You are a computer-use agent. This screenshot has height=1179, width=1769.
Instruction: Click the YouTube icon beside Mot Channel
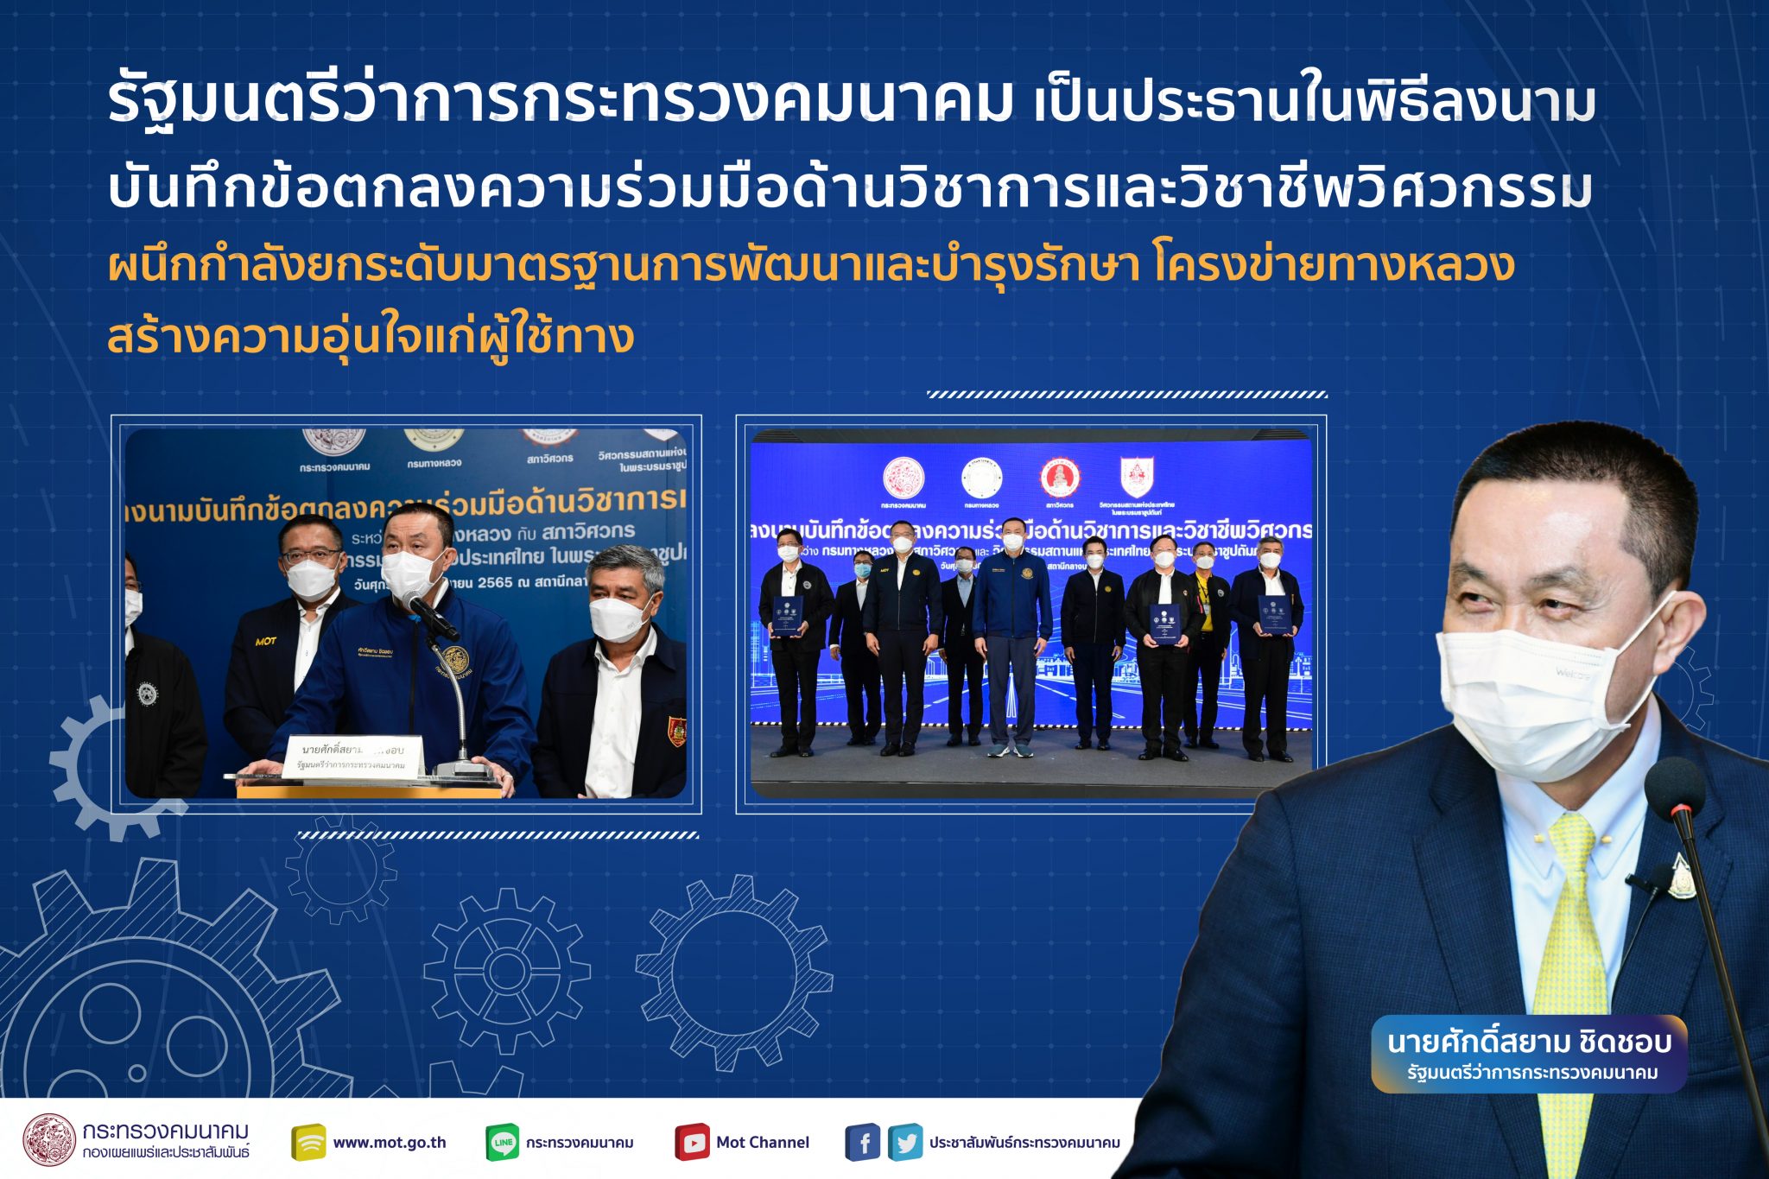pos(692,1142)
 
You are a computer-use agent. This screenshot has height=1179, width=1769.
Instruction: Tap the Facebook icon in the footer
pos(863,1142)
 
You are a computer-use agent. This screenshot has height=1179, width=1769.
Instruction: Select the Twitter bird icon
pos(905,1142)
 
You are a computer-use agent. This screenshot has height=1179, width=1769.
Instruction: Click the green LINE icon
pos(503,1142)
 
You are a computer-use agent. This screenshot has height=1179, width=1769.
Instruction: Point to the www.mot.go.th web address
pos(389,1142)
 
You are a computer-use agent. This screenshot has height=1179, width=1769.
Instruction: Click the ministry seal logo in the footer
pos(49,1140)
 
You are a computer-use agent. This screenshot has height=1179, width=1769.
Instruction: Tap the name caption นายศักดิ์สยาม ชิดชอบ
pos(1529,1043)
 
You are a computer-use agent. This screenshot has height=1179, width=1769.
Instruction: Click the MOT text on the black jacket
pos(265,641)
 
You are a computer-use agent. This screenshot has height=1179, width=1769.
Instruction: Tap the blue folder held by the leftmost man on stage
pos(786,616)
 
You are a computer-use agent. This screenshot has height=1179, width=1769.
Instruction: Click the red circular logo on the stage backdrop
pos(1059,478)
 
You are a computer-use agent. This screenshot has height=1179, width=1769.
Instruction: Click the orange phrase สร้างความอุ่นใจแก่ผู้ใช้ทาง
pos(371,337)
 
